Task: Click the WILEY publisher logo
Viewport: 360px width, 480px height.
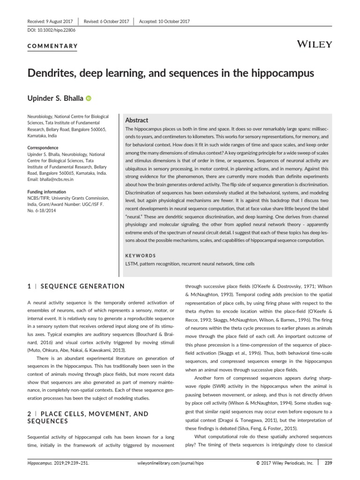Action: tap(315, 45)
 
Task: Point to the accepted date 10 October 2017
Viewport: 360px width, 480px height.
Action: tap(176, 21)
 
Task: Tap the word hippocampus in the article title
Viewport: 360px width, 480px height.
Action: tap(282, 74)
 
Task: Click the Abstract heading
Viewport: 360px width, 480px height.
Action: tap(137, 120)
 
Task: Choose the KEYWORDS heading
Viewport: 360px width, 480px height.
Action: tap(141, 255)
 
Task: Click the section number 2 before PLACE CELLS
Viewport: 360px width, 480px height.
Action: tap(29, 414)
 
